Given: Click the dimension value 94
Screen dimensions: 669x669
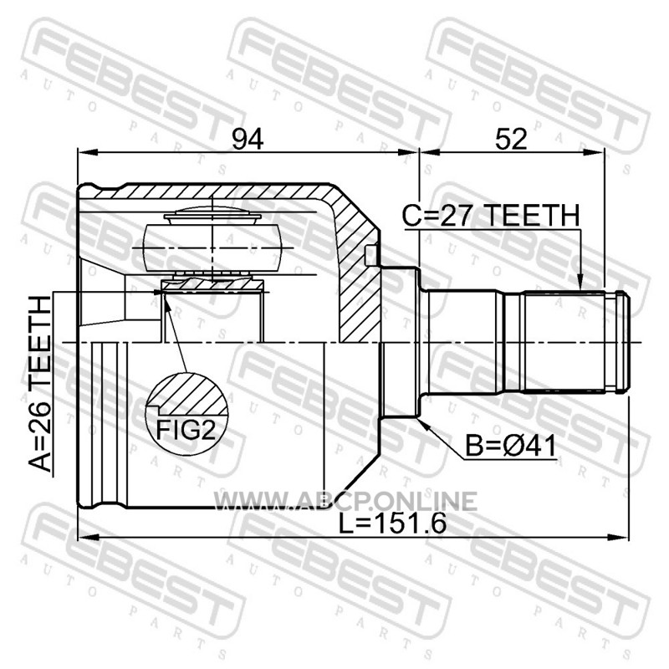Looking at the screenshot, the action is [248, 139].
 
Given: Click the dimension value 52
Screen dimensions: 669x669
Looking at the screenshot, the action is [511, 139].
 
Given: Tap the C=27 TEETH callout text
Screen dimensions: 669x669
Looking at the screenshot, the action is [491, 215].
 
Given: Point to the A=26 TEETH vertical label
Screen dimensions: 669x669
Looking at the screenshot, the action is [39, 384].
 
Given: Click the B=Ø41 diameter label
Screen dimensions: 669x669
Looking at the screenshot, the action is [511, 446].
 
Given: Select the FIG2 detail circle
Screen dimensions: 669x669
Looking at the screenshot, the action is [186, 414].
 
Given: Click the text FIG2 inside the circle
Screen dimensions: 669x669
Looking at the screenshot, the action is [185, 429].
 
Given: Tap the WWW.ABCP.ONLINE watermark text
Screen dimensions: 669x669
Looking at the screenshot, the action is [345, 501].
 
